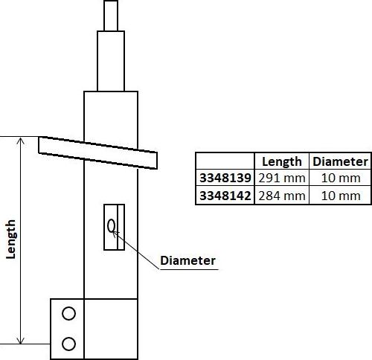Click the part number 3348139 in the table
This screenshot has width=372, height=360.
click(225, 179)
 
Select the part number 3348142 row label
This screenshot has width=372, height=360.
click(225, 196)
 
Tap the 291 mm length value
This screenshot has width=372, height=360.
click(281, 179)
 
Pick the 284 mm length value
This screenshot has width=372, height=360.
click(281, 196)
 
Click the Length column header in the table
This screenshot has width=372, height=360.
click(281, 161)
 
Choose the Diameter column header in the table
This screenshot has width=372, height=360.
click(340, 161)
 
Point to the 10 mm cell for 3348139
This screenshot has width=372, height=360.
click(340, 179)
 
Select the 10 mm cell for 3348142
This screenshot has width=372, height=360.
click(340, 196)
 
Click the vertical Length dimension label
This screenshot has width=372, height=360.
click(11, 239)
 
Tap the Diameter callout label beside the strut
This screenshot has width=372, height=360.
click(187, 260)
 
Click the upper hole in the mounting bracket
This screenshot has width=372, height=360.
click(68, 314)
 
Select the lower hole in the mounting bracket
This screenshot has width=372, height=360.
click(68, 343)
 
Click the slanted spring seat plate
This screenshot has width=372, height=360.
click(97, 151)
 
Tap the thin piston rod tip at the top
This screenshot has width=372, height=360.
click(110, 14)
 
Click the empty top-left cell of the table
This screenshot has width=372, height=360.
click(225, 161)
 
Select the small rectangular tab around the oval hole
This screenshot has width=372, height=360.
click(115, 238)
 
